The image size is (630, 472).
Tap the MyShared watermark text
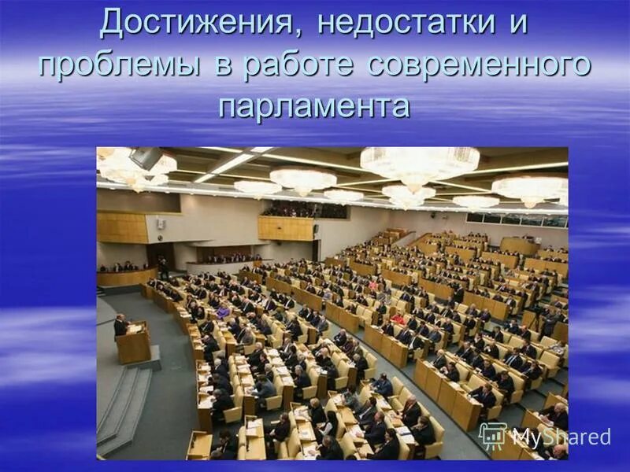coord(561,437)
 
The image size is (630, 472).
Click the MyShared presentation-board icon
coord(493,436)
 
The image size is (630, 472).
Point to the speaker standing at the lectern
coord(120,324)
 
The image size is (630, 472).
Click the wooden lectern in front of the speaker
coord(135,343)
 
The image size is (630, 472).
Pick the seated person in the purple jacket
coord(224,312)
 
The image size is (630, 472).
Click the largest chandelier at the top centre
coord(419,164)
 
